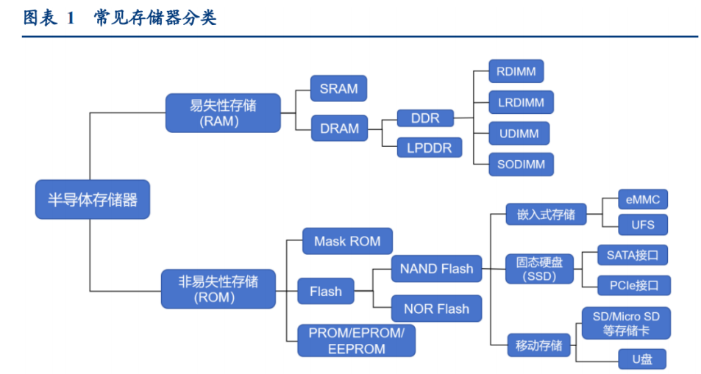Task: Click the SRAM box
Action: [338, 88]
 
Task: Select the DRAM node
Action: [339, 129]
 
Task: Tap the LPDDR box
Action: [429, 148]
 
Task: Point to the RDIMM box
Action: [516, 71]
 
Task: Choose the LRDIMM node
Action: [521, 102]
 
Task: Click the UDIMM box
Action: [519, 133]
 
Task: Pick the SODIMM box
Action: [521, 165]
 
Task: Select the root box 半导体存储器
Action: [93, 199]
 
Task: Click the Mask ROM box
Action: [347, 241]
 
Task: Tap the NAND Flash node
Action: [436, 268]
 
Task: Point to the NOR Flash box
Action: [436, 309]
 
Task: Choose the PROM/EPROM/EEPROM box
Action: [356, 340]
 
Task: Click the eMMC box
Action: [643, 199]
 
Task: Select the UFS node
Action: [643, 225]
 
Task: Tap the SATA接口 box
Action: [633, 255]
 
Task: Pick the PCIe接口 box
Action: [634, 285]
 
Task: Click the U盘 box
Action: [642, 359]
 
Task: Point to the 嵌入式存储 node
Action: [546, 215]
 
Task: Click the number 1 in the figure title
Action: [70, 18]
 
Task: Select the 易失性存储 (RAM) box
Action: [223, 113]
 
